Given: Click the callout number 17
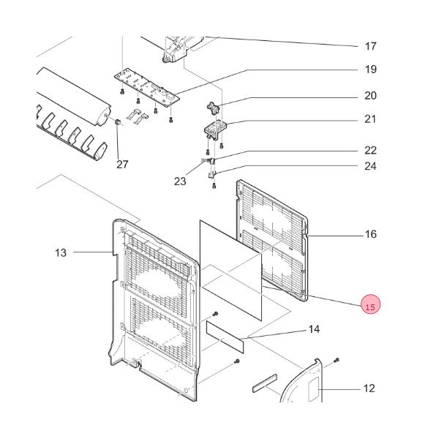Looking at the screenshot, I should (x=370, y=46).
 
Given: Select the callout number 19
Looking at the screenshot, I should (x=370, y=70).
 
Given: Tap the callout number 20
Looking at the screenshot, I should (x=370, y=96).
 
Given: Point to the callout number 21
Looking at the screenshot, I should (x=370, y=119).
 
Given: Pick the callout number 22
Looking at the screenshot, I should (x=370, y=151).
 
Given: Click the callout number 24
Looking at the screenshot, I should (x=370, y=166).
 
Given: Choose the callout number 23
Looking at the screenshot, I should (x=180, y=181).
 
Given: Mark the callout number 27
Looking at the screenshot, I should (x=122, y=164).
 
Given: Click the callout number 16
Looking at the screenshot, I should (x=370, y=234).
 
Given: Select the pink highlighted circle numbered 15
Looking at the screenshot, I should (x=370, y=307).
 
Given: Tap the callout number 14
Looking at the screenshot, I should (x=313, y=329).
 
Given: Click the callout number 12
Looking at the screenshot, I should (x=369, y=388).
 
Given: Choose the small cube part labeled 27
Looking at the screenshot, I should (x=117, y=130).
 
